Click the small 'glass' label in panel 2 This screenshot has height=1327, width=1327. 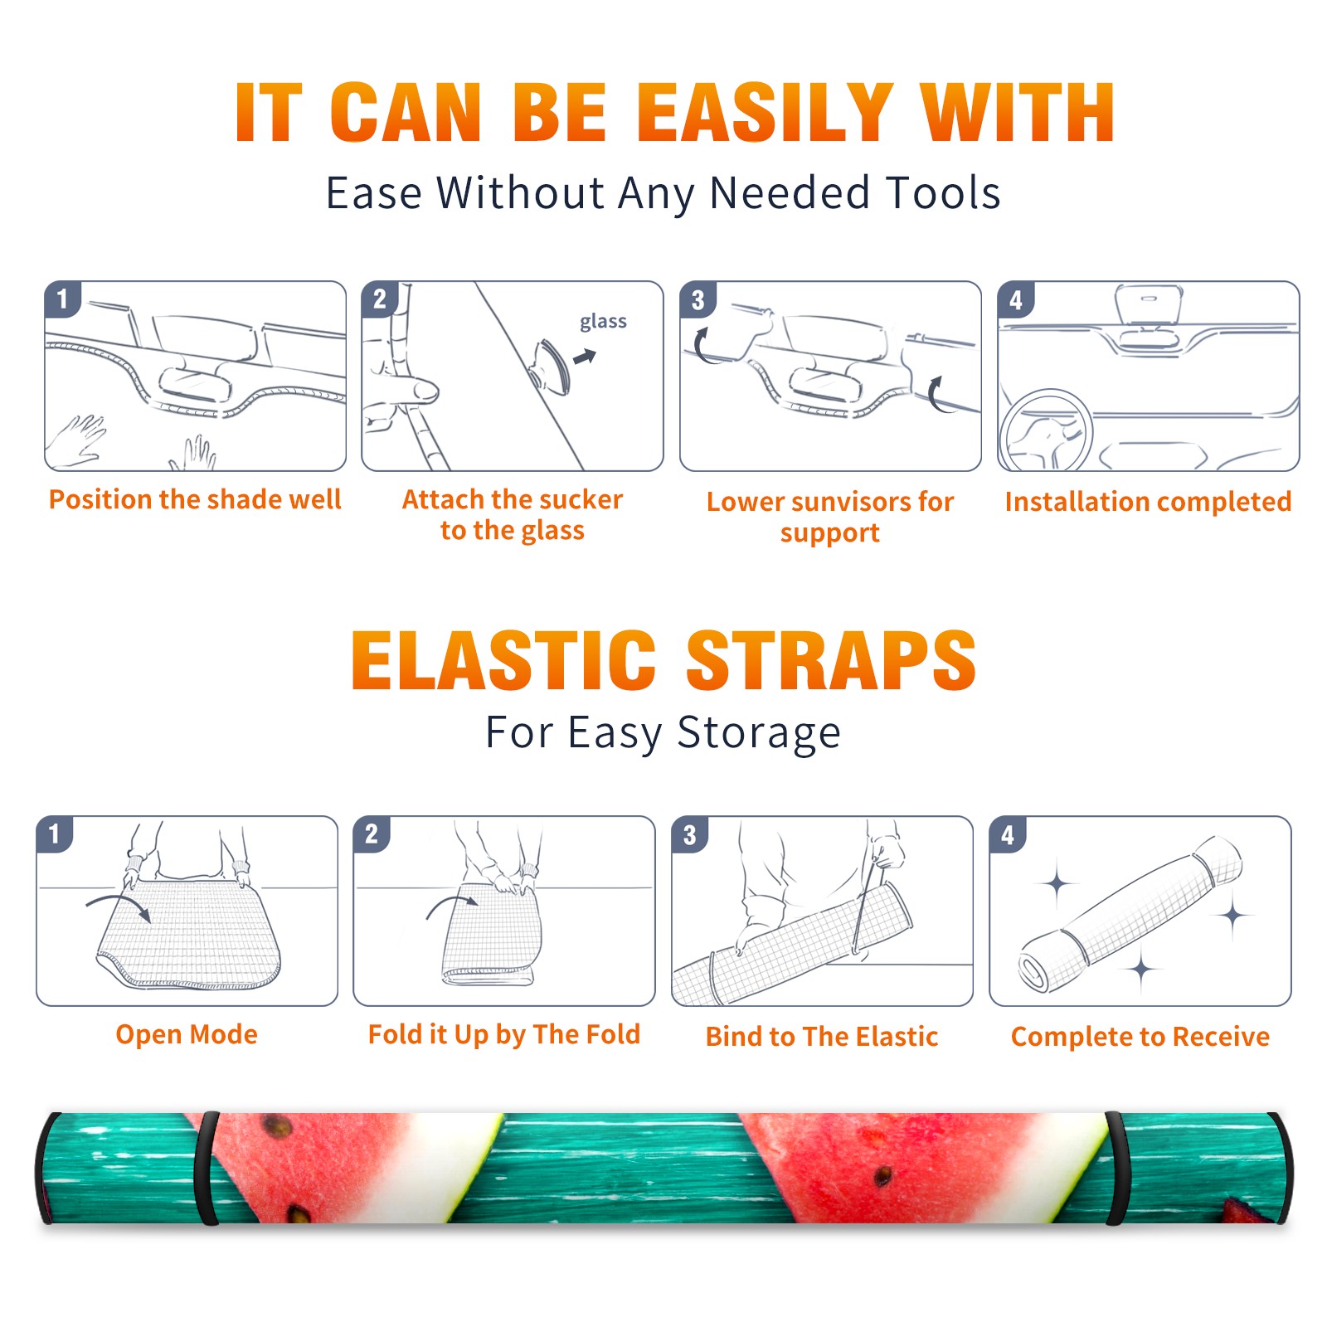click(603, 321)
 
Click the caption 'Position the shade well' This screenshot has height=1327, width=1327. click(195, 499)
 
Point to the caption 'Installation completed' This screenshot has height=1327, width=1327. click(1148, 501)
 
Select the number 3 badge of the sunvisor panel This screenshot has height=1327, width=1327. click(698, 299)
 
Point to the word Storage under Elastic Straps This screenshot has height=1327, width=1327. click(759, 733)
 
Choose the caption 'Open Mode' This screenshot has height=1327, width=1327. click(187, 1034)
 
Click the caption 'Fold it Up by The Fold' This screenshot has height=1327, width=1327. click(504, 1034)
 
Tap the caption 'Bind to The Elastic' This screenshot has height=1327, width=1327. click(822, 1037)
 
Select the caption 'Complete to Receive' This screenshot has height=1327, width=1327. click(1140, 1037)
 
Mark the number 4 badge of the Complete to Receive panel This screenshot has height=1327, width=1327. click(1008, 834)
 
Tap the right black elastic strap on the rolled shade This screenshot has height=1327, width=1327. click(1117, 1169)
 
